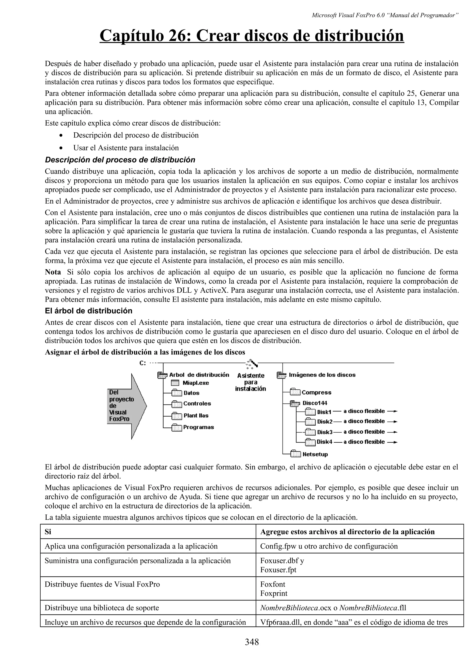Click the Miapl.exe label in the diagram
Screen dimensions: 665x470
pos(196,383)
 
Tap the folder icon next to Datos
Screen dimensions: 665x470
pos(176,393)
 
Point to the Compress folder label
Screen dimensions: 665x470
pos(316,392)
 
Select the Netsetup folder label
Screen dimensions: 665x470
pos(315,454)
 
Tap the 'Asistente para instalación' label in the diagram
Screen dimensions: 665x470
pos(251,382)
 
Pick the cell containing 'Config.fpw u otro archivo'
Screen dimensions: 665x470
pos(329,546)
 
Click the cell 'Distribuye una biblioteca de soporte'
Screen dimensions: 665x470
pos(102,608)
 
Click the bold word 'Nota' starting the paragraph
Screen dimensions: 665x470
pos(53,272)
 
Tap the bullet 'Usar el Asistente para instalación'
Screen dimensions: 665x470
pos(126,148)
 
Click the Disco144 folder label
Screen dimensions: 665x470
pos(315,403)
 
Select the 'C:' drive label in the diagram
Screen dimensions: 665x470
pos(143,363)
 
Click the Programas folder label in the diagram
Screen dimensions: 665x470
pos(198,427)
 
